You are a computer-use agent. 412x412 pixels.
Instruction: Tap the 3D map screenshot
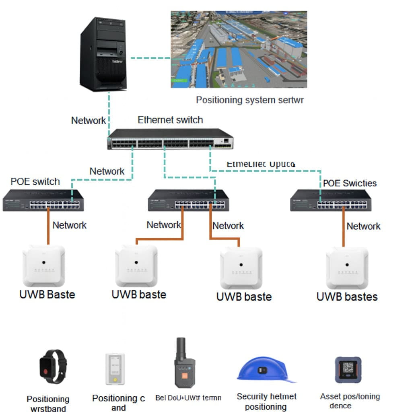pyautogui.click(x=239, y=49)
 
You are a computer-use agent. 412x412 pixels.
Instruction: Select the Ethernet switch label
pyautogui.click(x=170, y=120)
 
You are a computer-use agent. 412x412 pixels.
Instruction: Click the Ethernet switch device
pyautogui.click(x=170, y=139)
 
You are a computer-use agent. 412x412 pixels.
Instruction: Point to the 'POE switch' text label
pyautogui.click(x=35, y=181)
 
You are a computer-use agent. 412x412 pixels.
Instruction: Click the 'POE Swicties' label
pyautogui.click(x=350, y=183)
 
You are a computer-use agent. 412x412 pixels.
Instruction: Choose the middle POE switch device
pyautogui.click(x=188, y=200)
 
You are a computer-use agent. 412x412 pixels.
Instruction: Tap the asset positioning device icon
pyautogui.click(x=348, y=370)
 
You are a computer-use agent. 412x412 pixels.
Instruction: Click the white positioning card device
pyautogui.click(x=115, y=369)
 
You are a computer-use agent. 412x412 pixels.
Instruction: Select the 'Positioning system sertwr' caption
pyautogui.click(x=250, y=100)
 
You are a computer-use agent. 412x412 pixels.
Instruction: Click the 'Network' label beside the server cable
pyautogui.click(x=89, y=120)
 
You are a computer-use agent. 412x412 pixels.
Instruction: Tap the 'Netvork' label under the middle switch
pyautogui.click(x=228, y=226)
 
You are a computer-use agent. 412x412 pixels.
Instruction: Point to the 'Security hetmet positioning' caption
pyautogui.click(x=266, y=402)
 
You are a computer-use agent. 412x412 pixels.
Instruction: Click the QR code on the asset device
pyautogui.click(x=348, y=368)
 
